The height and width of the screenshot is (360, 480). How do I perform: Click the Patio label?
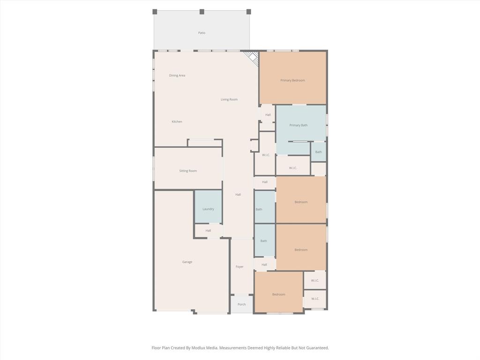click(202, 33)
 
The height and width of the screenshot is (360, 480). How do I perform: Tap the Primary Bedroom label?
click(292, 81)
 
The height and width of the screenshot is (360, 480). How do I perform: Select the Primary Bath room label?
click(298, 125)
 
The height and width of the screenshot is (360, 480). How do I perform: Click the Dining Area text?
click(177, 75)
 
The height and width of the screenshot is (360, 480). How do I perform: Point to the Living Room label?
click(229, 99)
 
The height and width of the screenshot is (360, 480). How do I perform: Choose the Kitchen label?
click(177, 122)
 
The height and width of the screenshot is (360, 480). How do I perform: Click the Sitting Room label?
click(188, 171)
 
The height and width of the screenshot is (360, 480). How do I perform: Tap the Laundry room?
click(208, 209)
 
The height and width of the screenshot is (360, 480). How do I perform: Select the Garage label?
click(187, 262)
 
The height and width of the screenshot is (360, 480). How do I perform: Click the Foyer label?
click(240, 267)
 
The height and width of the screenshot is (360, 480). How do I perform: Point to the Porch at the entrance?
click(241, 304)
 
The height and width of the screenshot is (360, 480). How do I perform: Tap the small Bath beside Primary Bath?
click(318, 152)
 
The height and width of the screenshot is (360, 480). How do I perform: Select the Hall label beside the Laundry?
click(208, 231)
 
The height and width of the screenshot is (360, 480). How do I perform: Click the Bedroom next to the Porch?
click(278, 294)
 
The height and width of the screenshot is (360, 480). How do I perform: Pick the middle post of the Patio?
click(202, 12)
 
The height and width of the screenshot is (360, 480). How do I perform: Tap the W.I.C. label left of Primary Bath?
click(266, 155)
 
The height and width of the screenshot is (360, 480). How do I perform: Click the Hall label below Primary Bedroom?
click(268, 115)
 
